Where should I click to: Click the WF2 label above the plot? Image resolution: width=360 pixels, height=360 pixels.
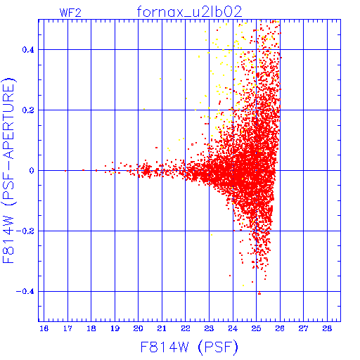click(70, 13)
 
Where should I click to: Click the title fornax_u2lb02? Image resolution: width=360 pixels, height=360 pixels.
click(189, 12)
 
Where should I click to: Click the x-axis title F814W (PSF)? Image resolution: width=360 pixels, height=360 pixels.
click(189, 347)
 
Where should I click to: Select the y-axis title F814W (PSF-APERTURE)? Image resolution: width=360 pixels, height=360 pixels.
click(9, 170)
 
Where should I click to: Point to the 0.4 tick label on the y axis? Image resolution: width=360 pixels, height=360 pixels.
click(28, 50)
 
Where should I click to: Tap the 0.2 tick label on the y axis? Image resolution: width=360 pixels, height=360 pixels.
click(28, 110)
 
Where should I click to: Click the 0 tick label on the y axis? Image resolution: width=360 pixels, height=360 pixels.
click(32, 171)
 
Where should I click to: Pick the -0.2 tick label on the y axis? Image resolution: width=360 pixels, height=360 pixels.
click(25, 231)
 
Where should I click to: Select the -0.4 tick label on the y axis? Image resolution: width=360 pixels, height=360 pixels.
click(25, 292)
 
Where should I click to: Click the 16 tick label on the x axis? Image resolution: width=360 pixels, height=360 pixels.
click(44, 329)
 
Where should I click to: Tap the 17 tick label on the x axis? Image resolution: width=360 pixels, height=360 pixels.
click(67, 329)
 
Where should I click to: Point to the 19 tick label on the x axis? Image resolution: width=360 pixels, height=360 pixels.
click(115, 329)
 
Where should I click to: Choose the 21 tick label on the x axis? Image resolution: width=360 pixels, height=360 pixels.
click(162, 329)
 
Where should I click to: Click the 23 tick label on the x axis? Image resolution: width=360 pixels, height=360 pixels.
click(209, 329)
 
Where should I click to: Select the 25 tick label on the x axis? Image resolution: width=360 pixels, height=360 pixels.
click(257, 329)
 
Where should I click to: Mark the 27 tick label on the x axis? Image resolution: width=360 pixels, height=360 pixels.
click(304, 329)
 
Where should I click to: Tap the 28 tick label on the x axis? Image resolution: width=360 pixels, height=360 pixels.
click(327, 329)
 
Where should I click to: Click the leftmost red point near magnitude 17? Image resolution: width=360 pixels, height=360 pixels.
click(65, 171)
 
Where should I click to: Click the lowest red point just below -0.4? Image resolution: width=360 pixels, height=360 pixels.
click(259, 294)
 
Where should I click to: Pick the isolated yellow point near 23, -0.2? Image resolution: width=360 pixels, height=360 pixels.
click(212, 235)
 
